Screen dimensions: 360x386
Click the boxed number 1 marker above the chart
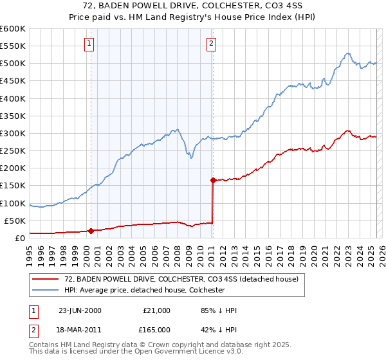pos(88,44)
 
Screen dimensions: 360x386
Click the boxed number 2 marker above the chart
pos(211,44)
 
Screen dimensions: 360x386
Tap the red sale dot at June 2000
pos(91,231)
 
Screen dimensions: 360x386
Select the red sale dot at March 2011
pos(213,180)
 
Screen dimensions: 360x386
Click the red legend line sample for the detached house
pos(46,280)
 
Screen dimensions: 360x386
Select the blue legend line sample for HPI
pos(46,290)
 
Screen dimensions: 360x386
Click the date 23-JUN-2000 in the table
pos(80,310)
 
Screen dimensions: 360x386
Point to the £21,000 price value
pos(156,310)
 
